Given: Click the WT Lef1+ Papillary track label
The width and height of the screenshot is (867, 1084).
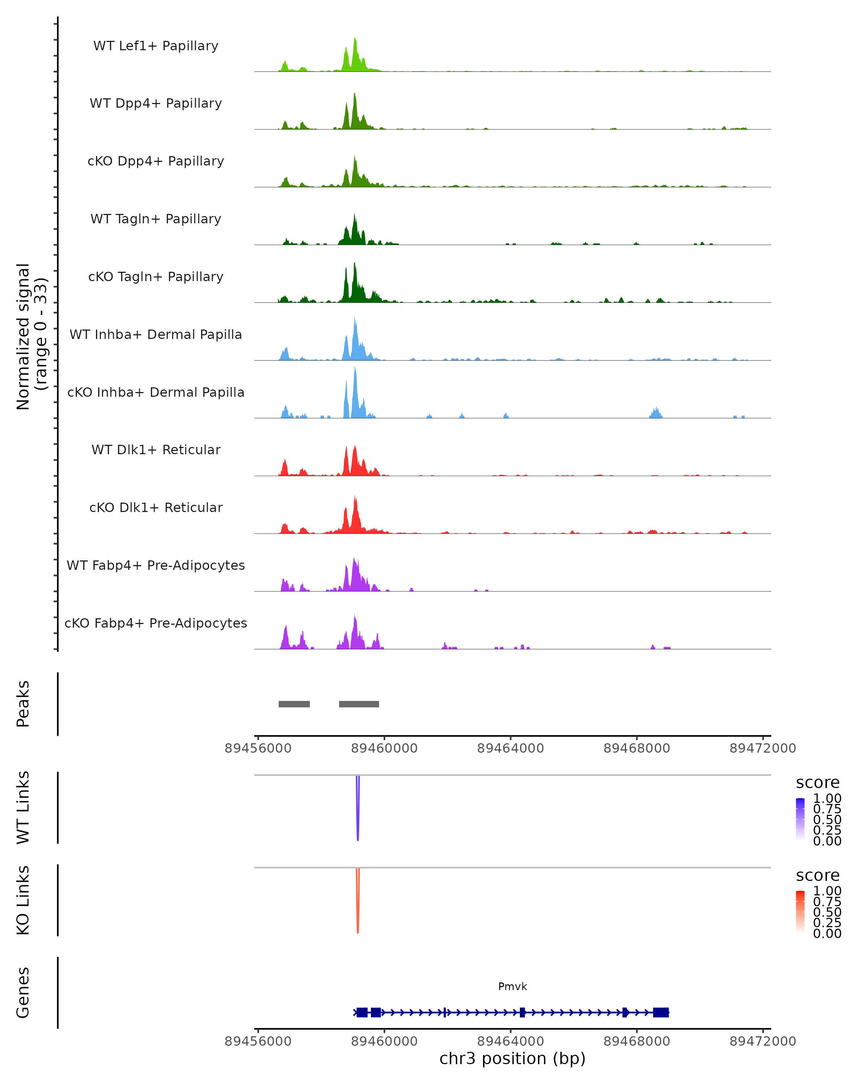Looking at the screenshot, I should click(x=156, y=46).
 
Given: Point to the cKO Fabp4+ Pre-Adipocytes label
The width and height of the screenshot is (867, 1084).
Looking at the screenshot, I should click(x=156, y=623).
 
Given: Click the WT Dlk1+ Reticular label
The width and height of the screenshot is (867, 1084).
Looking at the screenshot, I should click(x=156, y=449).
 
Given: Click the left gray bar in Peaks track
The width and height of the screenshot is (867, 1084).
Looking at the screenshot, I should click(x=294, y=704).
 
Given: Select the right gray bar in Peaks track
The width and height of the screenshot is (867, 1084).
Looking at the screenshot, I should click(x=359, y=704).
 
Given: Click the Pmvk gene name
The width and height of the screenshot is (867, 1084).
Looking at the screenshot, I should click(x=512, y=986).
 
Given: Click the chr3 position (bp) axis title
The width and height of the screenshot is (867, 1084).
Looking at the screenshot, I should click(x=512, y=1059).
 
